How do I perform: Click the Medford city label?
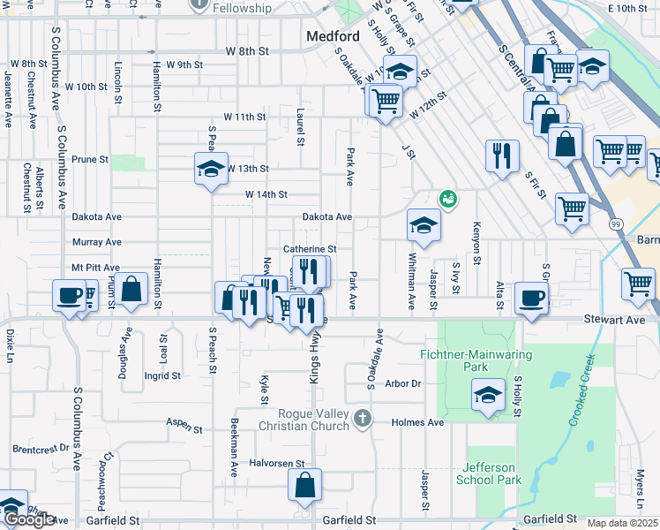click(x=333, y=36)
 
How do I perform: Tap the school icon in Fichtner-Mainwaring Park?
click(x=488, y=396)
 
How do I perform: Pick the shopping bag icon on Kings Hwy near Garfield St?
click(x=304, y=484)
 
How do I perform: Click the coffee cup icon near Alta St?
click(x=531, y=298)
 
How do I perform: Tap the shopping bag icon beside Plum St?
click(x=131, y=289)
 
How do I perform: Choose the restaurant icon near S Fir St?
click(x=502, y=155)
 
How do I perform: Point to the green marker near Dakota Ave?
click(x=448, y=199)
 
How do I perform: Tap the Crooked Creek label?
click(x=583, y=391)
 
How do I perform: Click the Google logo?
click(x=29, y=519)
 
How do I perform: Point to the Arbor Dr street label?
click(x=404, y=383)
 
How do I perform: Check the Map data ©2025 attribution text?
click(x=623, y=523)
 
